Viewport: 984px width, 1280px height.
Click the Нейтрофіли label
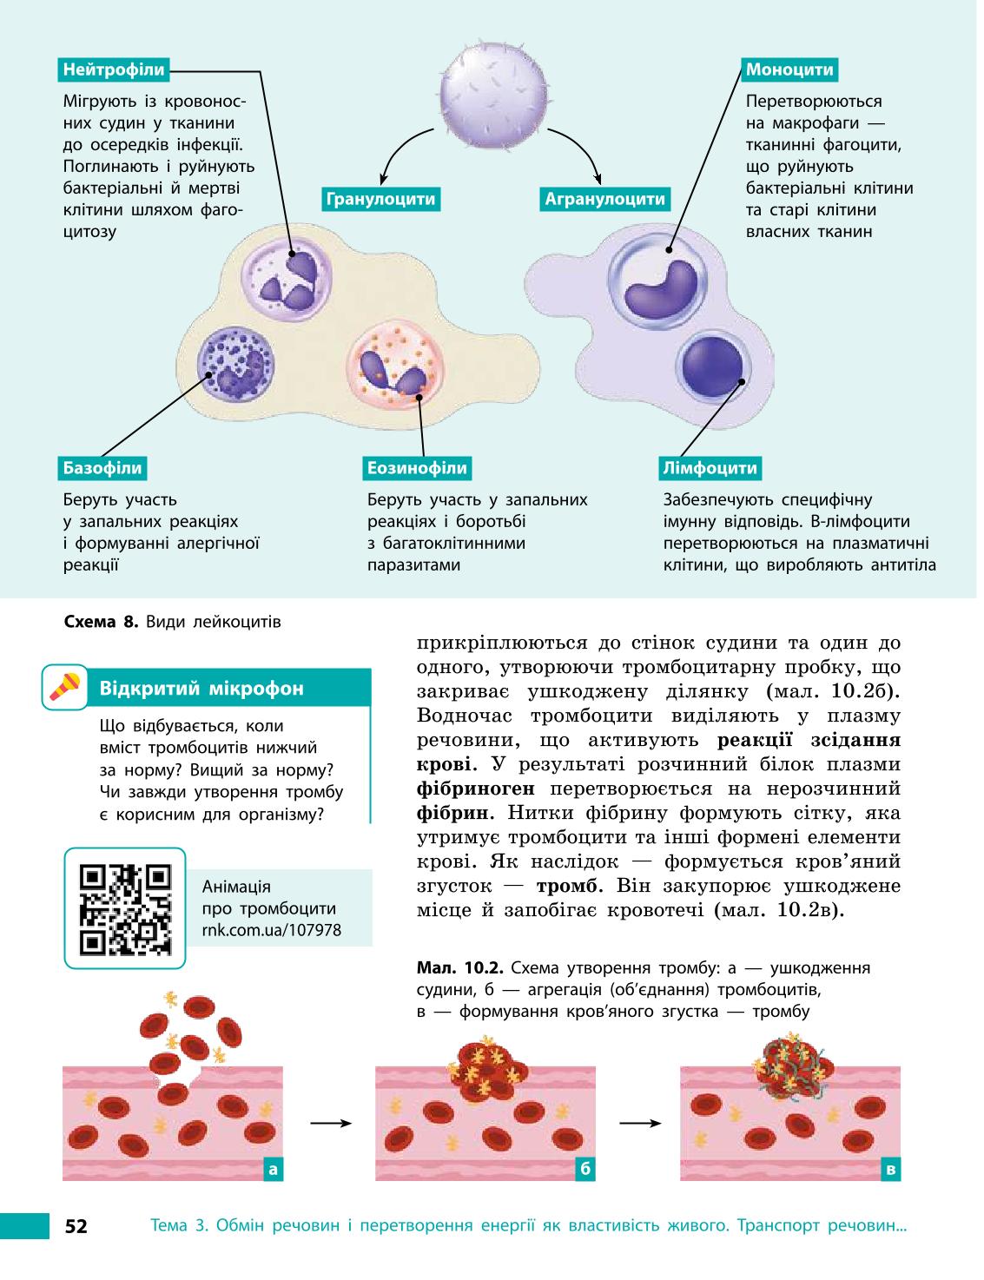tap(114, 69)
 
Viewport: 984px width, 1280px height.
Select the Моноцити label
tap(789, 69)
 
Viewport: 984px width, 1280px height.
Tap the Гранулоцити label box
tap(380, 199)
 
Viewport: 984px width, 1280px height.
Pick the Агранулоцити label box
tap(604, 199)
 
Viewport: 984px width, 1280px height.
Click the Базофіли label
tap(102, 468)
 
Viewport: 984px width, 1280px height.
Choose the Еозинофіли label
tap(417, 468)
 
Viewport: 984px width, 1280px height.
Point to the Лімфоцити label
tap(710, 468)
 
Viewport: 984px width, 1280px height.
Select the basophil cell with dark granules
tap(236, 363)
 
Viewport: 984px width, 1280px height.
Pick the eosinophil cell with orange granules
tap(394, 366)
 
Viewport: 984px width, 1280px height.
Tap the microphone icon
tap(65, 687)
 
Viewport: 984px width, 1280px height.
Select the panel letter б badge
tap(585, 1169)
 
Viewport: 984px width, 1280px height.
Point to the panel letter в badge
tap(890, 1169)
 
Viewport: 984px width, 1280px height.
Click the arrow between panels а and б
tap(331, 1124)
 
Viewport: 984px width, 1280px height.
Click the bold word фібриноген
tap(476, 788)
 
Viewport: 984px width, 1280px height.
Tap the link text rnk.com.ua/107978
tap(272, 930)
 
